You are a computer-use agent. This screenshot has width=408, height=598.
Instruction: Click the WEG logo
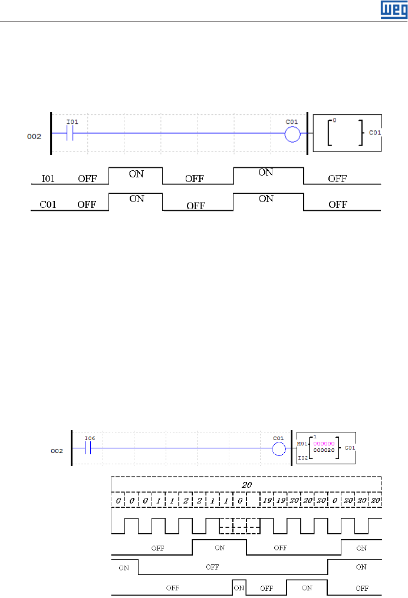click(394, 9)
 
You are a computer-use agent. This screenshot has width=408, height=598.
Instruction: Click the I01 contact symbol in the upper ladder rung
click(70, 133)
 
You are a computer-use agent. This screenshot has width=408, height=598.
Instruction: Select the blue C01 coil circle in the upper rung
click(293, 134)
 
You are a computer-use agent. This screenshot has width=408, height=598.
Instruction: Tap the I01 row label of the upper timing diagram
click(48, 179)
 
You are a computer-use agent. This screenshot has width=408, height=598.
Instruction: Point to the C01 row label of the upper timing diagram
click(48, 204)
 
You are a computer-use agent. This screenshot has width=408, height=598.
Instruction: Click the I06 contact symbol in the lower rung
click(88, 448)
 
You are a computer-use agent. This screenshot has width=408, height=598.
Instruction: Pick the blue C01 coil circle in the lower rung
click(279, 449)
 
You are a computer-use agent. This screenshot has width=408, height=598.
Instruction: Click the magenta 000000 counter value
click(324, 444)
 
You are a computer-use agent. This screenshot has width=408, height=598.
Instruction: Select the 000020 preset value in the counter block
click(324, 450)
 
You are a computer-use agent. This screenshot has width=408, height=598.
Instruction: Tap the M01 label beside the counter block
click(302, 444)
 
